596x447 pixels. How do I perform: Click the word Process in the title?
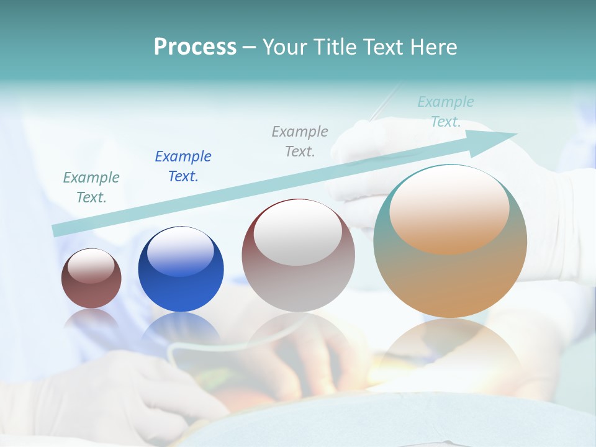[x=195, y=47]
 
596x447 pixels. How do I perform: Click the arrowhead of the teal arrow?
[x=503, y=137]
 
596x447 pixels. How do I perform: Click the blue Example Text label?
[x=183, y=166]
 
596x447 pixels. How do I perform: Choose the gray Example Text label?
[x=300, y=141]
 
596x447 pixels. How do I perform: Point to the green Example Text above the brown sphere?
[x=91, y=187]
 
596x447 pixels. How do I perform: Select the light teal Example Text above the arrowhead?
[x=446, y=112]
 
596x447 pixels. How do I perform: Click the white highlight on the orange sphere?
[x=449, y=211]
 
